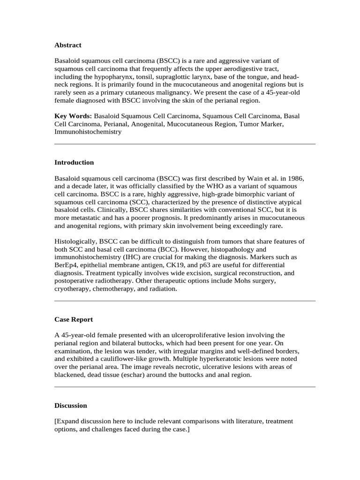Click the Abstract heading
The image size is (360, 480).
(x=67, y=45)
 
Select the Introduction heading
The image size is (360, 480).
(x=74, y=162)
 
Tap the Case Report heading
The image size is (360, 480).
(x=74, y=319)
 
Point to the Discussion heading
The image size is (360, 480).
(x=70, y=405)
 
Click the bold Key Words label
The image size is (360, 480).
(x=73, y=115)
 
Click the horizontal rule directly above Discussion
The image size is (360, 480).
(x=185, y=387)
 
